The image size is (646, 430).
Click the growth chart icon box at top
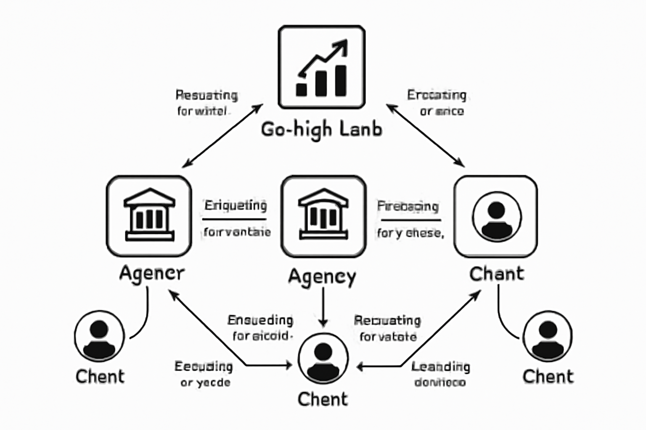click(322, 67)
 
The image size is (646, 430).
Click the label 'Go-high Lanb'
click(322, 129)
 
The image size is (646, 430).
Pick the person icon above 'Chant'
click(496, 217)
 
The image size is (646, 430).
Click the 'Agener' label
click(152, 274)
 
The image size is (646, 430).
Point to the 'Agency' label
click(322, 277)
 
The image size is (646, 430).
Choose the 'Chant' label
click(497, 274)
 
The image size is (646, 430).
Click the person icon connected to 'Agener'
click(99, 336)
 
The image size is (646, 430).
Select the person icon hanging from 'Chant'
click(548, 336)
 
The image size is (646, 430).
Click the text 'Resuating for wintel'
click(206, 103)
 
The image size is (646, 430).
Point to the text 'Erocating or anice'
click(437, 103)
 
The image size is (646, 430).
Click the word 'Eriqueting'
click(236, 206)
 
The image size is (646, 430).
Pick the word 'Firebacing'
click(408, 206)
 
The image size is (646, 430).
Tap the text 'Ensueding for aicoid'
click(260, 328)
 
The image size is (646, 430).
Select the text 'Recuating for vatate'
click(387, 328)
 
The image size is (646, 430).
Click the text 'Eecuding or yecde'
click(204, 374)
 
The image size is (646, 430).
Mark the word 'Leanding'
click(440, 367)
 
